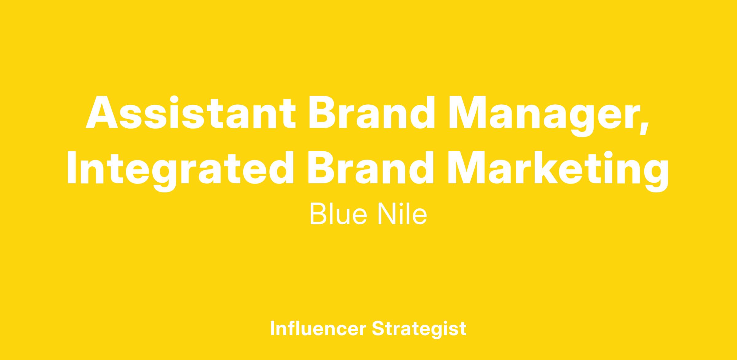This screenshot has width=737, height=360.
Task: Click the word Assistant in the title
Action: [x=191, y=112]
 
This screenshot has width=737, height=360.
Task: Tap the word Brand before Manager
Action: [x=372, y=112]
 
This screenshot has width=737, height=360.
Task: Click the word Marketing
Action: [x=558, y=172]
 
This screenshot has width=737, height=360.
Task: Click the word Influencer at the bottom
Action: [x=318, y=328]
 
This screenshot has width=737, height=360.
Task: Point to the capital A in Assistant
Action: [x=102, y=112]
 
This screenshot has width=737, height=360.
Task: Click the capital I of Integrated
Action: [x=72, y=167]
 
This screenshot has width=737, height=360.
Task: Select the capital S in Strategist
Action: [x=378, y=328]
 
